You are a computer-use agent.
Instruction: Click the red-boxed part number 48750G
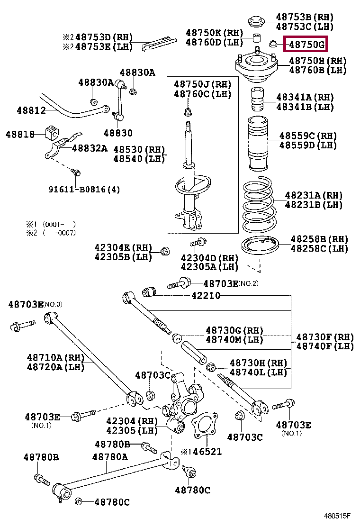point(307,45)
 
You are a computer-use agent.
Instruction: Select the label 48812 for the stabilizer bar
point(31,110)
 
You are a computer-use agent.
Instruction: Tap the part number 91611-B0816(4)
point(84,190)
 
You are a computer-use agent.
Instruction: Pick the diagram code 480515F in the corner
point(337,515)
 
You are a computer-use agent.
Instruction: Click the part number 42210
point(206,295)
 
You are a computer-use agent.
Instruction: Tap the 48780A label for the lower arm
point(110,457)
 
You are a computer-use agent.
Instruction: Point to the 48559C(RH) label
point(308,136)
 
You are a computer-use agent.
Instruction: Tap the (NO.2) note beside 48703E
point(249,283)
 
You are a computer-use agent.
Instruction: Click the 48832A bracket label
point(90,148)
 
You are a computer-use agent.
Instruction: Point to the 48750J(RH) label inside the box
point(202,84)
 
